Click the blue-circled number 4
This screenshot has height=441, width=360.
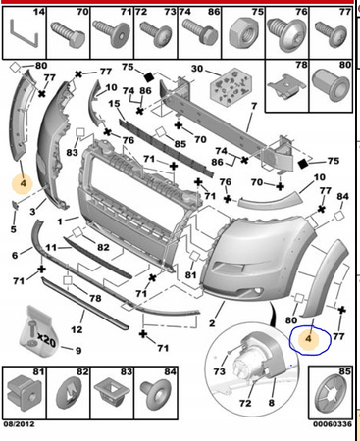[308, 339]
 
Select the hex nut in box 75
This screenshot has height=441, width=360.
[244, 35]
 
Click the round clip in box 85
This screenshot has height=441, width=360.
[332, 395]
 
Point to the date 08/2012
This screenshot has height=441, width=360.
[19, 424]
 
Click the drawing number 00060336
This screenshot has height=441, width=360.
[333, 424]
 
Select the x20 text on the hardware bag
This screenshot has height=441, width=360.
[46, 341]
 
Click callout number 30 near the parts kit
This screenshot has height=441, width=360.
[197, 69]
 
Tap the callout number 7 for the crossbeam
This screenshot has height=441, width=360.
[254, 106]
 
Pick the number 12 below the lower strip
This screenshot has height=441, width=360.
[77, 329]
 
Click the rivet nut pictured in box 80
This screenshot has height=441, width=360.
[331, 84]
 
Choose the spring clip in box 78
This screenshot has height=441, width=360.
[286, 85]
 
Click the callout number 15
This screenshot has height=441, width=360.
[115, 104]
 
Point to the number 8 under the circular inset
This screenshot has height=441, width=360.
[271, 403]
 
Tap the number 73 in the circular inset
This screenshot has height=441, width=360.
[220, 371]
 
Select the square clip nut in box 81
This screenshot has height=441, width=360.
[25, 394]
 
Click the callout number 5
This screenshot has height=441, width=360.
[13, 229]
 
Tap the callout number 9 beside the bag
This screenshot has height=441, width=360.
[78, 351]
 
